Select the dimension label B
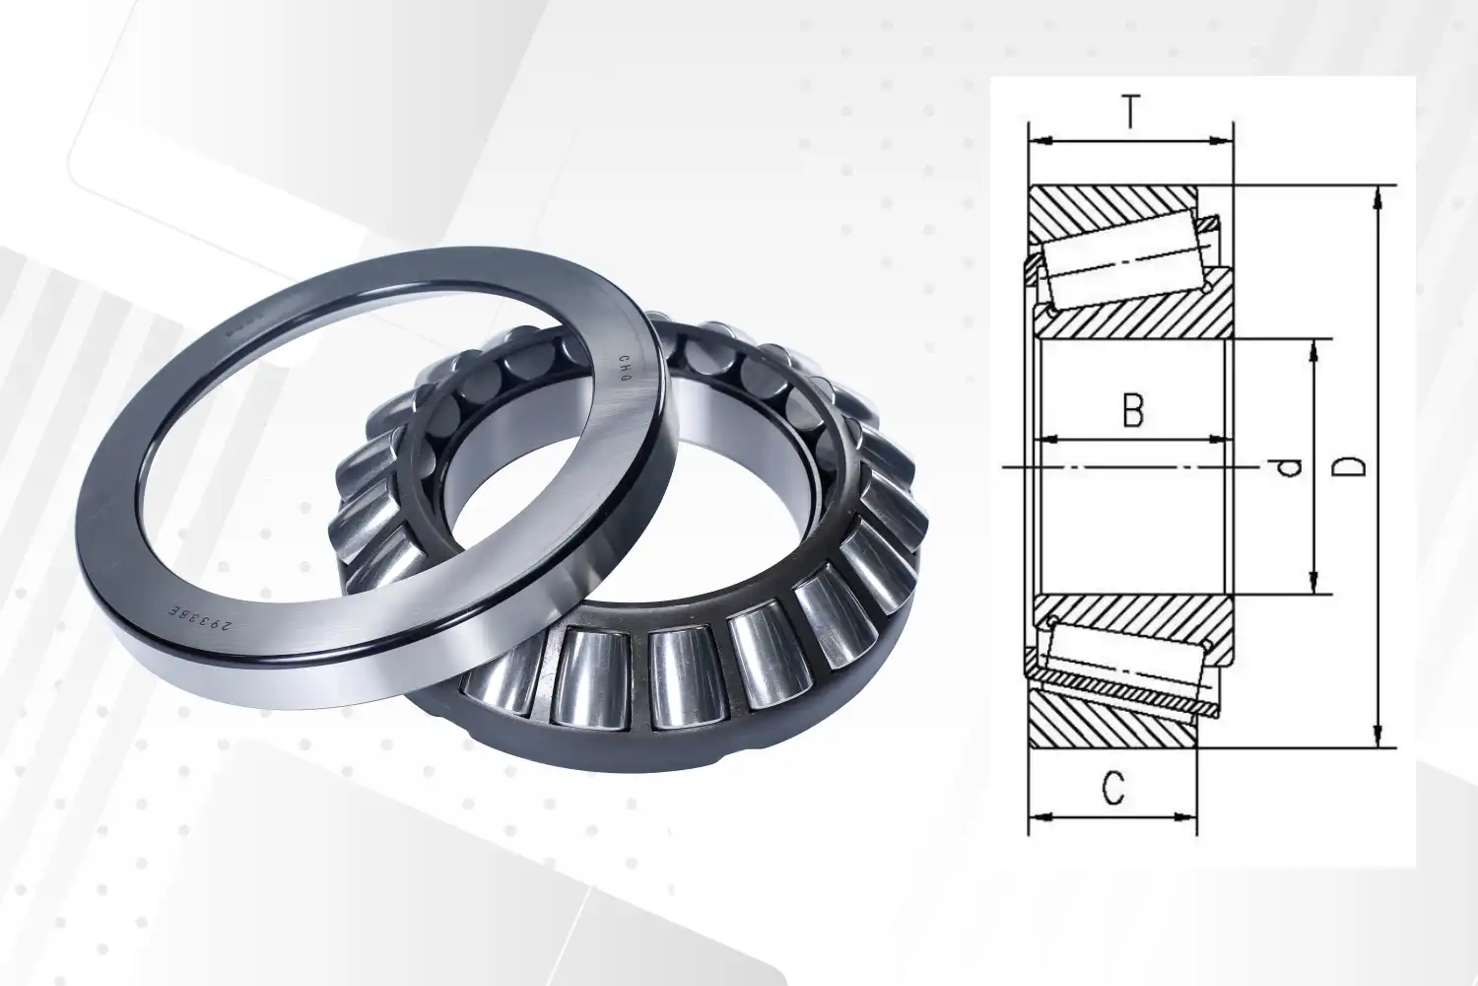pos(1133,410)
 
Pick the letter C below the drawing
pos(1112,789)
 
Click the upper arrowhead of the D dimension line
pos(1378,195)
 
